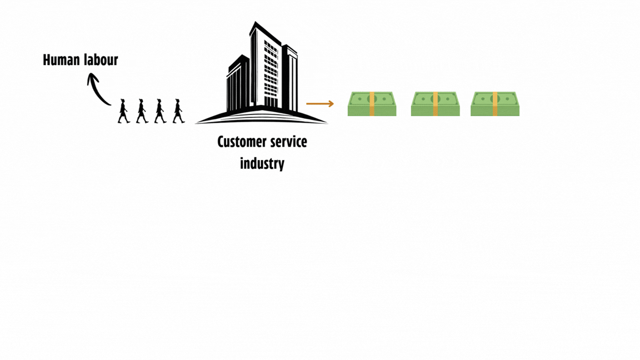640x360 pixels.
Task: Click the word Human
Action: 61,60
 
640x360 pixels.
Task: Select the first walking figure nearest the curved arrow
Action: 123,111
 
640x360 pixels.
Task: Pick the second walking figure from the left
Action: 142,111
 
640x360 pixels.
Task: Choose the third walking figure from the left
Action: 160,111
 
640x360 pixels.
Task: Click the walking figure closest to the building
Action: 178,111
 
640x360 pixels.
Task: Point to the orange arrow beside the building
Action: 319,104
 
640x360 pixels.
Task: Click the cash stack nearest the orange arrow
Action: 372,104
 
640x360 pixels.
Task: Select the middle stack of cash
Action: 436,104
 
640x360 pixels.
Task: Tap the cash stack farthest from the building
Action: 495,104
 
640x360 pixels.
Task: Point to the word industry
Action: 262,163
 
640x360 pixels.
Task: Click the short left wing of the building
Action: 237,83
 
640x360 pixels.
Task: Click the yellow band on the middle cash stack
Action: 436,104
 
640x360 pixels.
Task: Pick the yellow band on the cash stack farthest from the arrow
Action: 495,104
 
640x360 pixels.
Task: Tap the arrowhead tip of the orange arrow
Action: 332,104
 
